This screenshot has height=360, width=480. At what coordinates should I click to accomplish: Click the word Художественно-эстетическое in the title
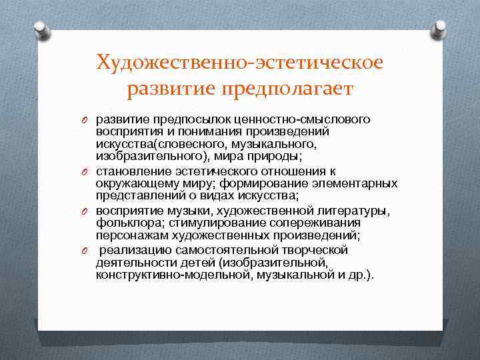pyautogui.click(x=239, y=63)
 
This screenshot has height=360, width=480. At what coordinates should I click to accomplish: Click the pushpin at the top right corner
pyautogui.click(x=441, y=29)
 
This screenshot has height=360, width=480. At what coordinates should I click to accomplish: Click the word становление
pyautogui.click(x=129, y=171)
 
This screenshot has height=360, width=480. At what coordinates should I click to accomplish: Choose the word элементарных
pyautogui.click(x=360, y=183)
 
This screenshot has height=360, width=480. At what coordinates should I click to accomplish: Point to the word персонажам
pyautogui.click(x=127, y=235)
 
